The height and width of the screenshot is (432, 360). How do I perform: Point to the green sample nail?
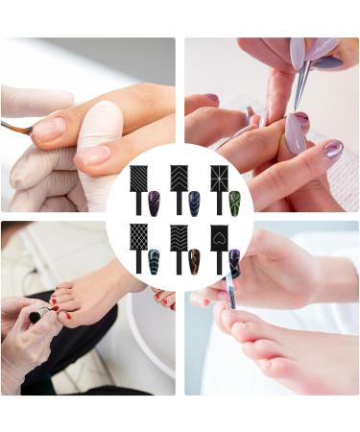pyautogui.click(x=234, y=202)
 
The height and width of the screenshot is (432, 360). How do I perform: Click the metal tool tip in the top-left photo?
pyautogui.click(x=14, y=126)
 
